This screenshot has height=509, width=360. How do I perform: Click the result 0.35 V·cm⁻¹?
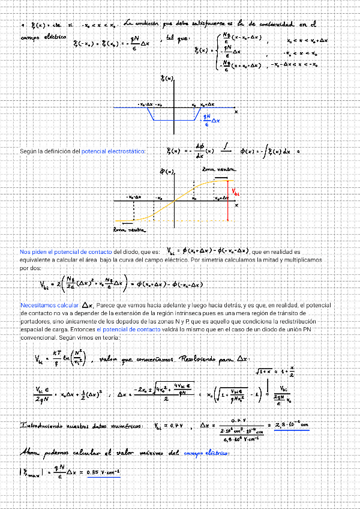pos(103,473)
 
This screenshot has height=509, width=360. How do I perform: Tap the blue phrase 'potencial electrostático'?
pos(113,151)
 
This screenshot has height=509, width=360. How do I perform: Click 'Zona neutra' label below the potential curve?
pos(128,229)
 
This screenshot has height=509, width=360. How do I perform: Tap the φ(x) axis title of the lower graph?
pos(167,172)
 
